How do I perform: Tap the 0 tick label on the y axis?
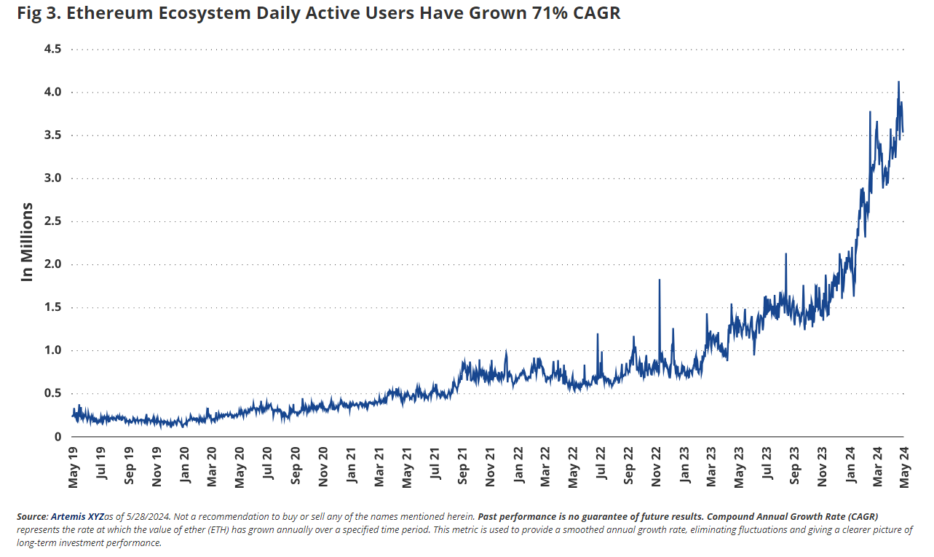point(57,436)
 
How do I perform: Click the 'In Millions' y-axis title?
point(27,242)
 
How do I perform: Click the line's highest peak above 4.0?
point(898,82)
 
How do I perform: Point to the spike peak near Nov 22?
point(660,280)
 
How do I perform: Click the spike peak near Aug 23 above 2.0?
point(786,254)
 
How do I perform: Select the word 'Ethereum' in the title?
point(105,13)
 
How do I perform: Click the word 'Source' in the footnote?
point(31,515)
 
